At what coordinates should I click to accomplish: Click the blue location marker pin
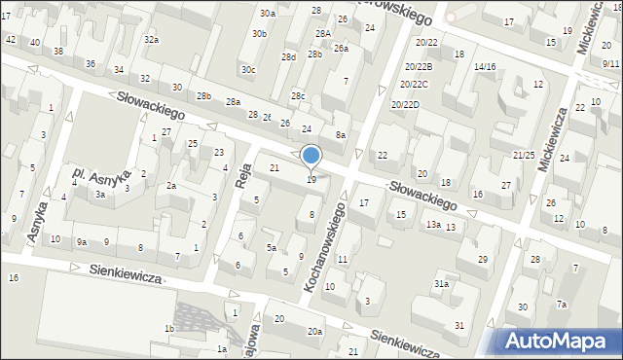coord(311,156)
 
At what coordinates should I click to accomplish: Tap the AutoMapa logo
coord(559,340)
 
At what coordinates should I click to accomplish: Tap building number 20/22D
coord(405,104)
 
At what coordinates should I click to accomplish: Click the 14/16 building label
coord(484,66)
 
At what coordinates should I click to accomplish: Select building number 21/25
coord(524,155)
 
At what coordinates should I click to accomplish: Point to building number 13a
coord(432,225)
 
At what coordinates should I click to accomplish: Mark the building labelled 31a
coord(441,283)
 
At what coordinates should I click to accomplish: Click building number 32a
coord(151,40)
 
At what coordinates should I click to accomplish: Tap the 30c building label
coord(249,69)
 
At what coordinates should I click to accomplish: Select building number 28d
coord(288,56)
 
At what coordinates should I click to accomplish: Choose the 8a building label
coord(340,134)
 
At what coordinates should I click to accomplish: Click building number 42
coord(11,40)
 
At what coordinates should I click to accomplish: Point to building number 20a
coord(315,332)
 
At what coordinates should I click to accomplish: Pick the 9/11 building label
coord(610,62)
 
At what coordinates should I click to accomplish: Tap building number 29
coord(483,259)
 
